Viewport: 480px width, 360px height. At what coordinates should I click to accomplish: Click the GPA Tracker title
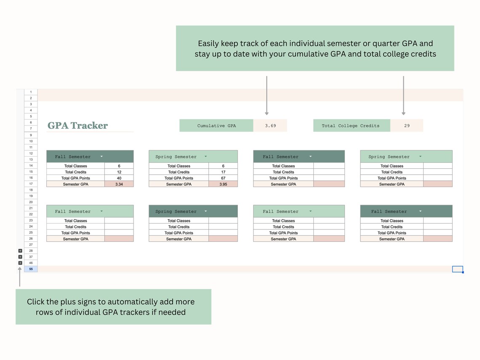point(77,125)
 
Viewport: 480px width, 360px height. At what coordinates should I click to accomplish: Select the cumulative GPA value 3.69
point(270,125)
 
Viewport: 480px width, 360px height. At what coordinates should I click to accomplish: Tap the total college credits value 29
point(407,125)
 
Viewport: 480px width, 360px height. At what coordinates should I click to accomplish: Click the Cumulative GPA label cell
point(216,125)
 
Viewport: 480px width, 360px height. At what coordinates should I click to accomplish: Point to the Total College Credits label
point(350,125)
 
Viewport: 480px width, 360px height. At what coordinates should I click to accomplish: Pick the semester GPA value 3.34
point(119,184)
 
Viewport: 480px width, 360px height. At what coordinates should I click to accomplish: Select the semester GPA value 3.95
point(223,184)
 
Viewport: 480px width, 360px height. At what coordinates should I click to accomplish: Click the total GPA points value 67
point(223,178)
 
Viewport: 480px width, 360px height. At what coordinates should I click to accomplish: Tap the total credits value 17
point(223,172)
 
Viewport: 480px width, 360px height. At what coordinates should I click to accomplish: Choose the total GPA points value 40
point(119,178)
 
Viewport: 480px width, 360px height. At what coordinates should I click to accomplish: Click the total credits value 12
point(119,172)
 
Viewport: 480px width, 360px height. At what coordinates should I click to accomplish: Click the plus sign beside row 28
point(20,251)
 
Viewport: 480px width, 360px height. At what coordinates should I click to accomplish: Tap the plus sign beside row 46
point(20,263)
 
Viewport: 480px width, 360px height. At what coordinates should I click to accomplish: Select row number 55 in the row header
point(31,269)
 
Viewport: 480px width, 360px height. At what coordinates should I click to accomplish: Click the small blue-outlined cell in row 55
point(457,269)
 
